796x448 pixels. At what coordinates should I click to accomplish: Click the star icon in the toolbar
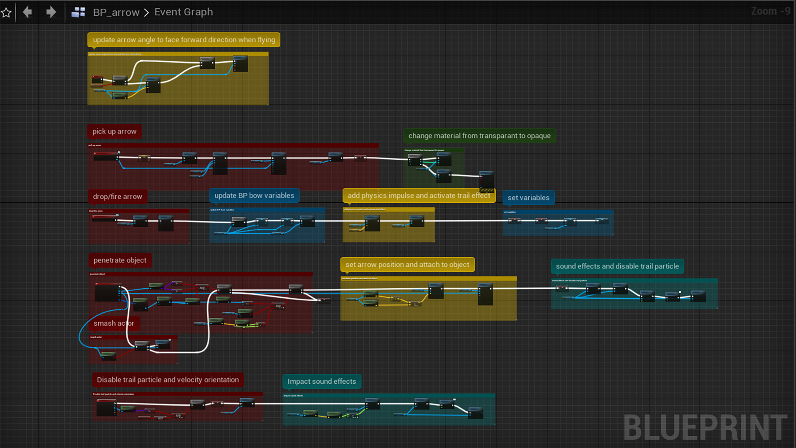coord(6,12)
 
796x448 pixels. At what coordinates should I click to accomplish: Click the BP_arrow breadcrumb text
coord(116,12)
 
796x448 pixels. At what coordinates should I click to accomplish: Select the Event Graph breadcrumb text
coord(184,12)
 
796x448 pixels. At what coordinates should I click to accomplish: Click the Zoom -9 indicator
coord(770,11)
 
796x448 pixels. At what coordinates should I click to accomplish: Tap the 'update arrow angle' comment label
coord(184,40)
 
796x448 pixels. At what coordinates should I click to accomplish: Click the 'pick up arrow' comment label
coord(114,131)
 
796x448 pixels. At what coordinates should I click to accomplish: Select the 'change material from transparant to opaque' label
coord(479,136)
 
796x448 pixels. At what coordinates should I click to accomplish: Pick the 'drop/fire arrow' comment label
coord(117,197)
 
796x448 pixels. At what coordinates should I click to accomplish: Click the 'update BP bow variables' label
coord(254,195)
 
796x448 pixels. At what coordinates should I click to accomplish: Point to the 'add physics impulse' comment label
coord(419,195)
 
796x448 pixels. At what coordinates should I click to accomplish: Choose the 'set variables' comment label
coord(528,198)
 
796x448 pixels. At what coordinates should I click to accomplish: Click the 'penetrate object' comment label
coord(120,261)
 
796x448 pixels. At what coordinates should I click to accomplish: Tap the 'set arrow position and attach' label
coord(407,265)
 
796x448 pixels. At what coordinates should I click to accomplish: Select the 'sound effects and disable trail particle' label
coord(617,266)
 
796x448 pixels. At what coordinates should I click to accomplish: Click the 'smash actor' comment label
coord(114,324)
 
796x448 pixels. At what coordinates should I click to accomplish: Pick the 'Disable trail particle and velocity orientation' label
coord(167,380)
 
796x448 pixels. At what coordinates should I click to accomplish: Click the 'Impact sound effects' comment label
coord(322,382)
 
